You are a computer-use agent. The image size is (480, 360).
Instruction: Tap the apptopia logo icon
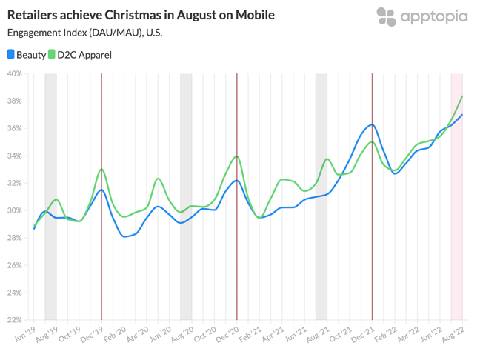386,17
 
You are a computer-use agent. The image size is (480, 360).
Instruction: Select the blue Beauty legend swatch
11,54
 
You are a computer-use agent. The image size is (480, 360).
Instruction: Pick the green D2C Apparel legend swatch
53,54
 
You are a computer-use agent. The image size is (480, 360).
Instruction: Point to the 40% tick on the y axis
14,73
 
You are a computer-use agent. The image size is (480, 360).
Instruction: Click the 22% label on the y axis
14,320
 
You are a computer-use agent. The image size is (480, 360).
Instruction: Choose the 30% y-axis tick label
14,210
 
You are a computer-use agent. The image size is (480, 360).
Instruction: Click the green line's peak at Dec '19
101,170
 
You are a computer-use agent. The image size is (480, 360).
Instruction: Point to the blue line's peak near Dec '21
372,124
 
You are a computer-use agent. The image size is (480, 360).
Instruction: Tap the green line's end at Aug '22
463,96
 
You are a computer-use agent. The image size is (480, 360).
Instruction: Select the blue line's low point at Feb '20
124,236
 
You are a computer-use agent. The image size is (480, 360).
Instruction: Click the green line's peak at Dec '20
236,156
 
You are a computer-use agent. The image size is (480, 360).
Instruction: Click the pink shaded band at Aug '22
457,222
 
